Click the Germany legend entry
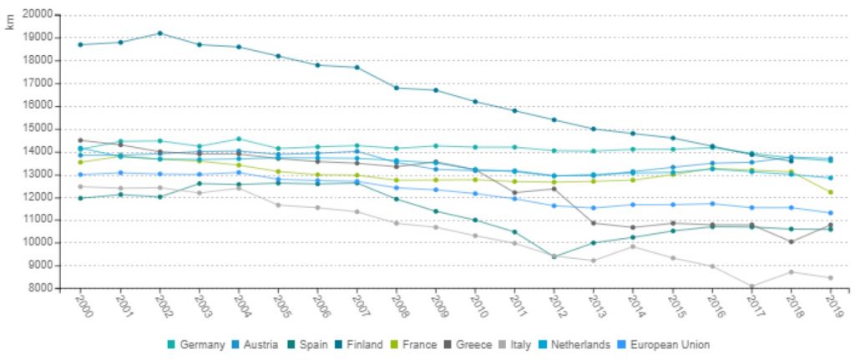click(200, 344)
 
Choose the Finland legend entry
click(364, 344)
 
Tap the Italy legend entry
click(521, 344)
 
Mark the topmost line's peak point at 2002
click(159, 33)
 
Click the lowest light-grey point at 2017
click(751, 286)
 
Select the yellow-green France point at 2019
click(831, 192)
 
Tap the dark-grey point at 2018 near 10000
click(791, 241)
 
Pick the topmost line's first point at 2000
click(80, 44)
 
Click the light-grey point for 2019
click(831, 278)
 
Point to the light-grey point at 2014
click(633, 246)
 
